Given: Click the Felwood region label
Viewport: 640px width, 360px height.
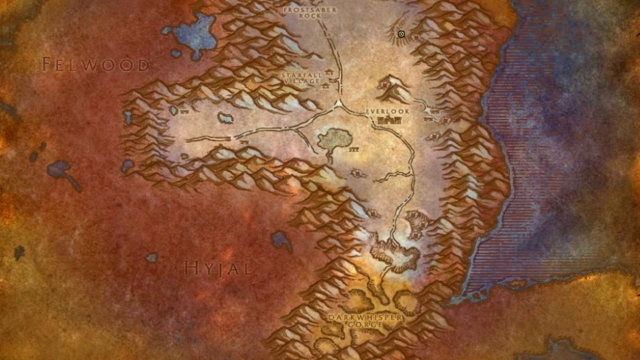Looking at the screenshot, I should (95, 65).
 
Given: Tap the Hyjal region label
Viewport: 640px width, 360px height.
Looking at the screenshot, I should (218, 268).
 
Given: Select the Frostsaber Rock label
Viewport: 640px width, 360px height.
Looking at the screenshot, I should (310, 13).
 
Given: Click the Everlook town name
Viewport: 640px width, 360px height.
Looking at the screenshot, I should (387, 111).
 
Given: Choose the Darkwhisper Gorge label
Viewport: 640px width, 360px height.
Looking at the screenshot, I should (365, 321).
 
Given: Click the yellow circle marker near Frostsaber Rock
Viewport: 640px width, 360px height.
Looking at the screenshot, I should (401, 34).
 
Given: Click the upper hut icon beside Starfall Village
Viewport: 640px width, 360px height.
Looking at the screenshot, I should (330, 72).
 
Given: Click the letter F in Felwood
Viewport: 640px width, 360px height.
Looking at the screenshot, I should (47, 64).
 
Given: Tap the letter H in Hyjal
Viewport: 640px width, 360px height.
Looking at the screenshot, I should (191, 268).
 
